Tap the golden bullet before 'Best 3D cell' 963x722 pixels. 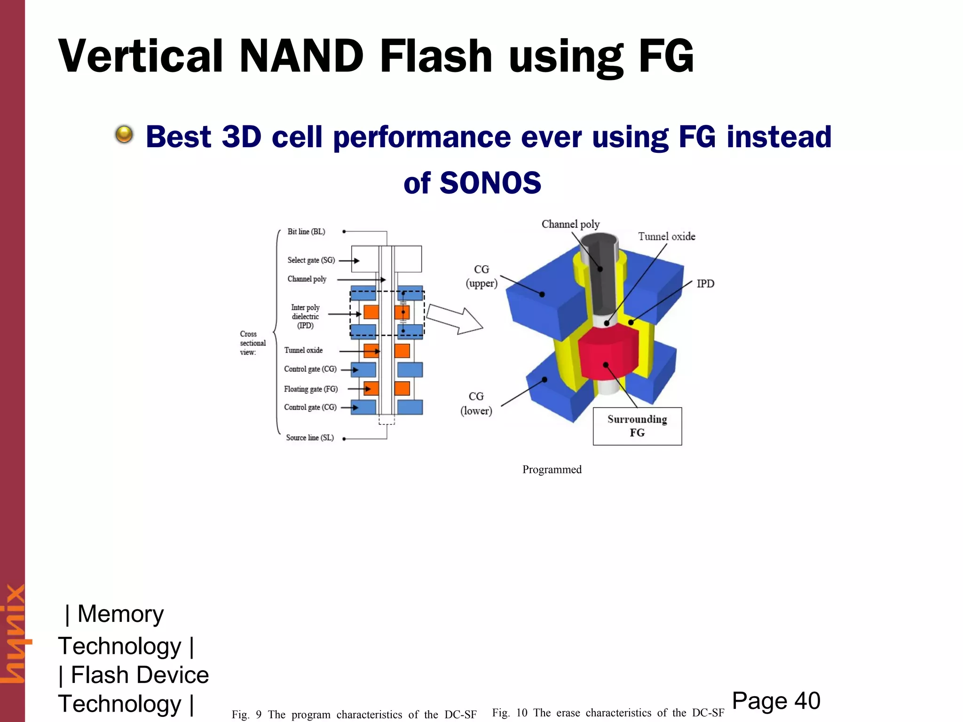pos(124,134)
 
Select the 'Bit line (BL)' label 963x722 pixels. pos(306,232)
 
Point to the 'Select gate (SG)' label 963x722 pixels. pos(311,260)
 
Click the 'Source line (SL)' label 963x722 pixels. pos(310,438)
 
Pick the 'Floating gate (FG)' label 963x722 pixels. pos(310,389)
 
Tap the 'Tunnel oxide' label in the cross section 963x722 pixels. pos(303,350)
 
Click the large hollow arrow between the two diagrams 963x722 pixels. pos(454,320)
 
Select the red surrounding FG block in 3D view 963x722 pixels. pos(607,355)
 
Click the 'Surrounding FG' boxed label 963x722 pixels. pos(637,426)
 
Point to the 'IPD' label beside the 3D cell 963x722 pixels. pos(705,283)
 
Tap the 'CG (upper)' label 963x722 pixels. pos(481,276)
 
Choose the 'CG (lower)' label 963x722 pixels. pos(476,404)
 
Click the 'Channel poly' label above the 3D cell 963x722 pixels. pos(570,224)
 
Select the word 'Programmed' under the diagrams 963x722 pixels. pos(552,470)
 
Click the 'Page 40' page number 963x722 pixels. pos(776,701)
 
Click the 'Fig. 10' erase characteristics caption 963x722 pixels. pos(608,713)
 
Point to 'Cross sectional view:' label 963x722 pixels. pos(253,343)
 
